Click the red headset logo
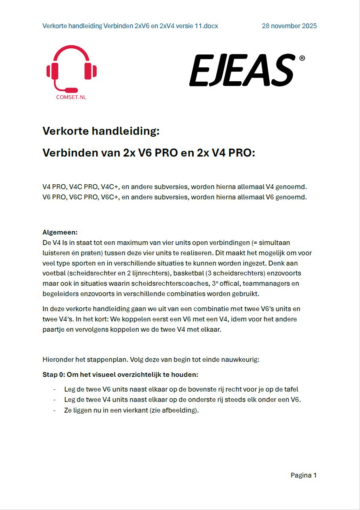pyautogui.click(x=71, y=68)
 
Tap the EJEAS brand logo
pyautogui.click(x=242, y=70)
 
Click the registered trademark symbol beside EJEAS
pyautogui.click(x=302, y=58)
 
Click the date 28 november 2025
pyautogui.click(x=289, y=26)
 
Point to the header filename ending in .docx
pyautogui.click(x=130, y=26)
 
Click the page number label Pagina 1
pyautogui.click(x=303, y=475)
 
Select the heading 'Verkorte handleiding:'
pyautogui.click(x=101, y=131)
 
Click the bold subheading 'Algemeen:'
pyautogui.click(x=60, y=232)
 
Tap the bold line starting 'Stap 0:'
pyautogui.click(x=120, y=374)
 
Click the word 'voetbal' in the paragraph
pyautogui.click(x=53, y=273)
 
